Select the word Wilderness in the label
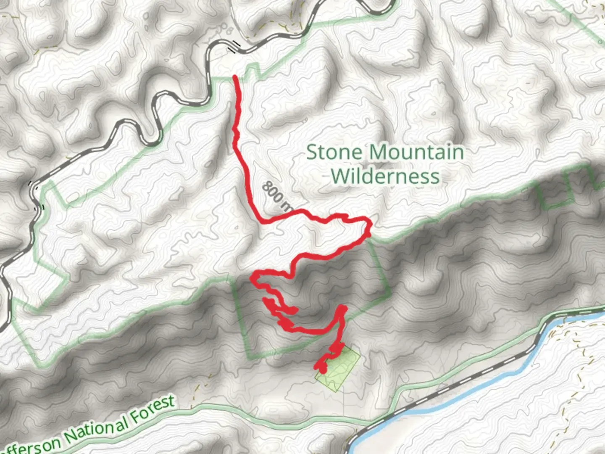pyautogui.click(x=385, y=176)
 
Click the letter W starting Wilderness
pyautogui.click(x=339, y=176)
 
